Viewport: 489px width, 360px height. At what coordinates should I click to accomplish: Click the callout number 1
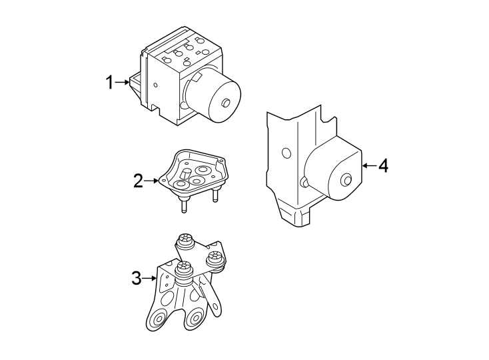109,83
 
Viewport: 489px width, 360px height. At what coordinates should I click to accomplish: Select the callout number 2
138,181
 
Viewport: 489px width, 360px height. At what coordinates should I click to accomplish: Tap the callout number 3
137,278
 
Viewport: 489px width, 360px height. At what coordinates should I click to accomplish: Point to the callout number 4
383,165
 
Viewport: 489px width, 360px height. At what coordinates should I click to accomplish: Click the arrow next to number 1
122,83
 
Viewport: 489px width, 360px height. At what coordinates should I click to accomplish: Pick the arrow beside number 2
152,181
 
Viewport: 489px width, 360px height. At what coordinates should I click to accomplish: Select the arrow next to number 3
149,277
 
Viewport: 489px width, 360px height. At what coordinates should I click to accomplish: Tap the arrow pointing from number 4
370,165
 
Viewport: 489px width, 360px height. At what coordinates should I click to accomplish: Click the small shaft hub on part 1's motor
225,103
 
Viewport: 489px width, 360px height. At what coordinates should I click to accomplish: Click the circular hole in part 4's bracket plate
286,153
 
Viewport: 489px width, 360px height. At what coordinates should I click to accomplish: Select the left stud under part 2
184,206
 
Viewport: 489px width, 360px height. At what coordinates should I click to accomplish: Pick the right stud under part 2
215,195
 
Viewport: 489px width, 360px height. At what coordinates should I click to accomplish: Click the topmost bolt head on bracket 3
185,240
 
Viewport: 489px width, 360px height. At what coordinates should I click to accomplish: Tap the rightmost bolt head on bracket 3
215,258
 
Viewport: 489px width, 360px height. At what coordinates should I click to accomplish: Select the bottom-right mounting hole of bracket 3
195,319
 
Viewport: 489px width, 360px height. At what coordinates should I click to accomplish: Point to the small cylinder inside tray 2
186,175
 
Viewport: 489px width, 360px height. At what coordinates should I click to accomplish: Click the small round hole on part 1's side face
156,84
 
